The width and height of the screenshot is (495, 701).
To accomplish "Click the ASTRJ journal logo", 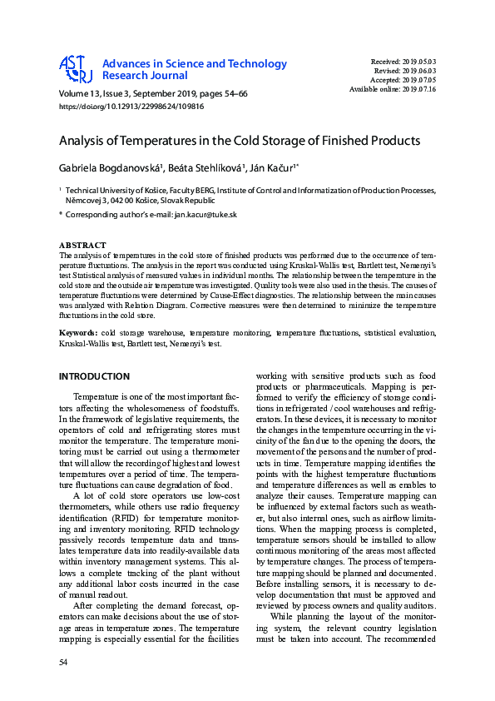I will pyautogui.click(x=75, y=70).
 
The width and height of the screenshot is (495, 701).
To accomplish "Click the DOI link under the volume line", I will pyautogui.click(x=131, y=107).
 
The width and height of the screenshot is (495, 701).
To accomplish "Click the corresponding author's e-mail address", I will pyautogui.click(x=205, y=215).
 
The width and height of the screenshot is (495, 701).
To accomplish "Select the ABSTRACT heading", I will pyautogui.click(x=82, y=245).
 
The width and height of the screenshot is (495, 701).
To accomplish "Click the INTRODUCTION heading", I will pyautogui.click(x=94, y=376).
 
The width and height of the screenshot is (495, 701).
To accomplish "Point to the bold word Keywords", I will pyautogui.click(x=79, y=332).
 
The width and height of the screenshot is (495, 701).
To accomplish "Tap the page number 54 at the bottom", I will pyautogui.click(x=63, y=661).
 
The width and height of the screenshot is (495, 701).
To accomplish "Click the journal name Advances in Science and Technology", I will pyautogui.click(x=194, y=64).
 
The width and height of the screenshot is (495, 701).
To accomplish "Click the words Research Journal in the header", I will pyautogui.click(x=141, y=77).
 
